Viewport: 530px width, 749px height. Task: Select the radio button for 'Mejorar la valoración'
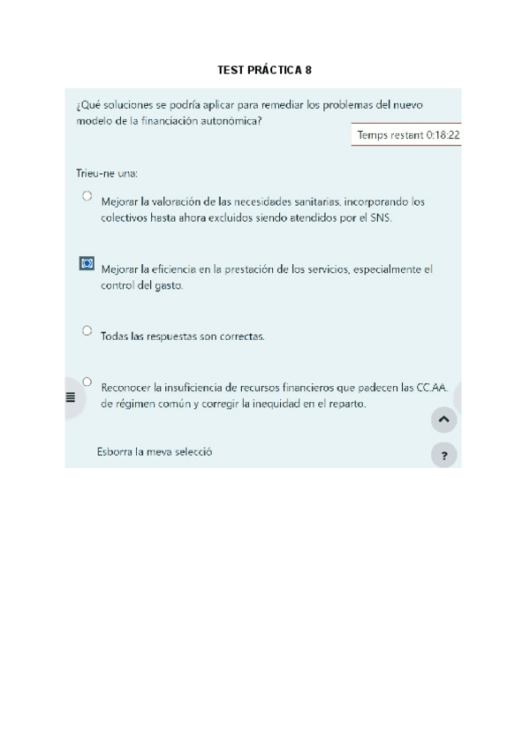[87, 195]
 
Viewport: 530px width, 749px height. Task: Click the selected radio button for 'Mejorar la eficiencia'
[87, 263]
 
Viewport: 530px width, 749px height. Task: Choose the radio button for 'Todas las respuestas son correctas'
[87, 330]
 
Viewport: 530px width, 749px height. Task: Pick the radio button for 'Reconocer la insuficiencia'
[87, 382]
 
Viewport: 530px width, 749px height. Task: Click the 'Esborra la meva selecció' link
[154, 451]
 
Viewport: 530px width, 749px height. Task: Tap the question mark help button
[443, 456]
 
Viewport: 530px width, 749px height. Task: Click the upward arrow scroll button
[443, 420]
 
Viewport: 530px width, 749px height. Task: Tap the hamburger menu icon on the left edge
[71, 397]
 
